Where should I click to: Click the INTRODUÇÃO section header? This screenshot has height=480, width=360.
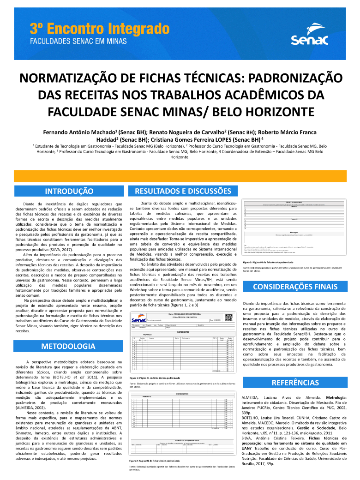(69, 191)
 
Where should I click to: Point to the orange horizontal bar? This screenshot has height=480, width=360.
(180, 176)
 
